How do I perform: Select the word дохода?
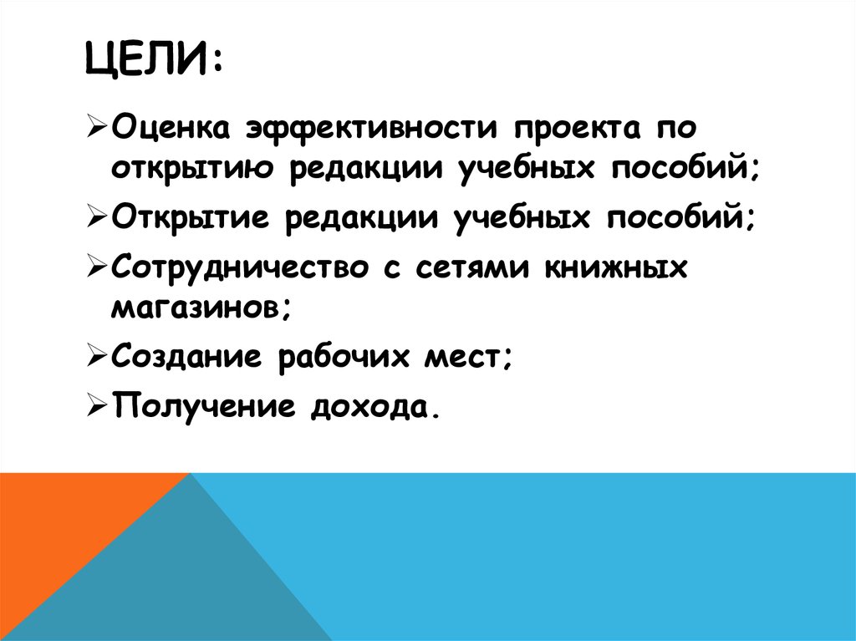point(373,407)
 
